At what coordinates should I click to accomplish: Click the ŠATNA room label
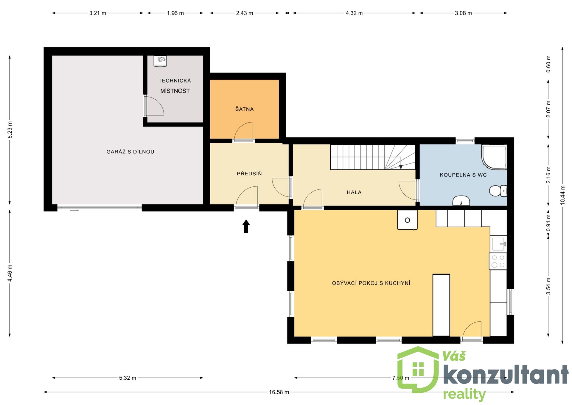(244, 109)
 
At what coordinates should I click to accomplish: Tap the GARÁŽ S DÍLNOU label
(130, 152)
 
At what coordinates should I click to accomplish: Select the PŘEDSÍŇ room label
(249, 173)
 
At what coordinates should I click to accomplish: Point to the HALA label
(354, 192)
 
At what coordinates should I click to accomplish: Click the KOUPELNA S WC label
(463, 175)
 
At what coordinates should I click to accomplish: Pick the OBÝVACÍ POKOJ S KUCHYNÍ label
(371, 283)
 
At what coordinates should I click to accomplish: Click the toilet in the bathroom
(498, 191)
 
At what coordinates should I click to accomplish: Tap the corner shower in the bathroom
(494, 157)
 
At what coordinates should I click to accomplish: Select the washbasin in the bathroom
(461, 201)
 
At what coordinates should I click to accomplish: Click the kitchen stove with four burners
(498, 261)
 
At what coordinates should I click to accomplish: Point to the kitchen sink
(499, 244)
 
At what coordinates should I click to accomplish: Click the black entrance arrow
(246, 226)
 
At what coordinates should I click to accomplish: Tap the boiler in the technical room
(160, 61)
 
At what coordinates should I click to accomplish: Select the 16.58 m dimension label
(279, 392)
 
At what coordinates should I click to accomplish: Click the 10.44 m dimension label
(562, 195)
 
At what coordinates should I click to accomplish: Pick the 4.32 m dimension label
(354, 13)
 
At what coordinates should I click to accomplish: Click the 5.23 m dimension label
(10, 130)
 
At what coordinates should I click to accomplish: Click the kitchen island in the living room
(441, 305)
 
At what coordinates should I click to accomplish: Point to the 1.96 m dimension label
(175, 13)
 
